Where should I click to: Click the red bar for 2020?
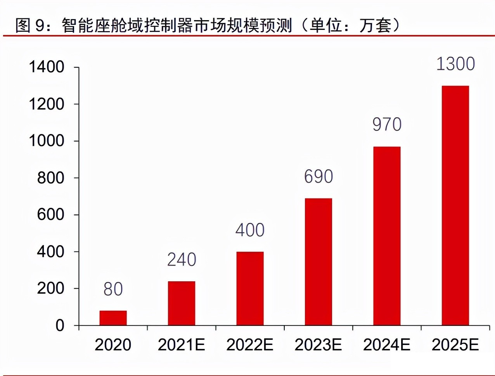click(x=113, y=318)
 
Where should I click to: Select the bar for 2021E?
click(x=182, y=303)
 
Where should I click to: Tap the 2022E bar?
click(x=250, y=288)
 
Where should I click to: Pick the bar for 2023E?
click(x=318, y=262)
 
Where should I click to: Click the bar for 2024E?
click(x=387, y=236)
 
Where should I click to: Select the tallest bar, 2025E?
click(x=455, y=205)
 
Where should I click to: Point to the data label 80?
click(x=113, y=289)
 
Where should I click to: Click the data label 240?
click(x=182, y=260)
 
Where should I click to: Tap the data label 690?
click(x=318, y=176)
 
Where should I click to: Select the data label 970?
click(x=387, y=124)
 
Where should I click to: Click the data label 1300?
click(x=456, y=64)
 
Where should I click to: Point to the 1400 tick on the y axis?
click(x=47, y=67)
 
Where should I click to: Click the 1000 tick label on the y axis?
click(x=47, y=141)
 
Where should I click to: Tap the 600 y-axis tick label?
click(x=50, y=214)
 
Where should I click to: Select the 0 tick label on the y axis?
click(x=60, y=326)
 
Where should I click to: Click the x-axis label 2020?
click(x=113, y=345)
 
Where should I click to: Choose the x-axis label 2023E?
click(x=318, y=345)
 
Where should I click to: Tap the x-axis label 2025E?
click(x=455, y=345)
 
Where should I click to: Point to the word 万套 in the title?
click(x=375, y=25)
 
